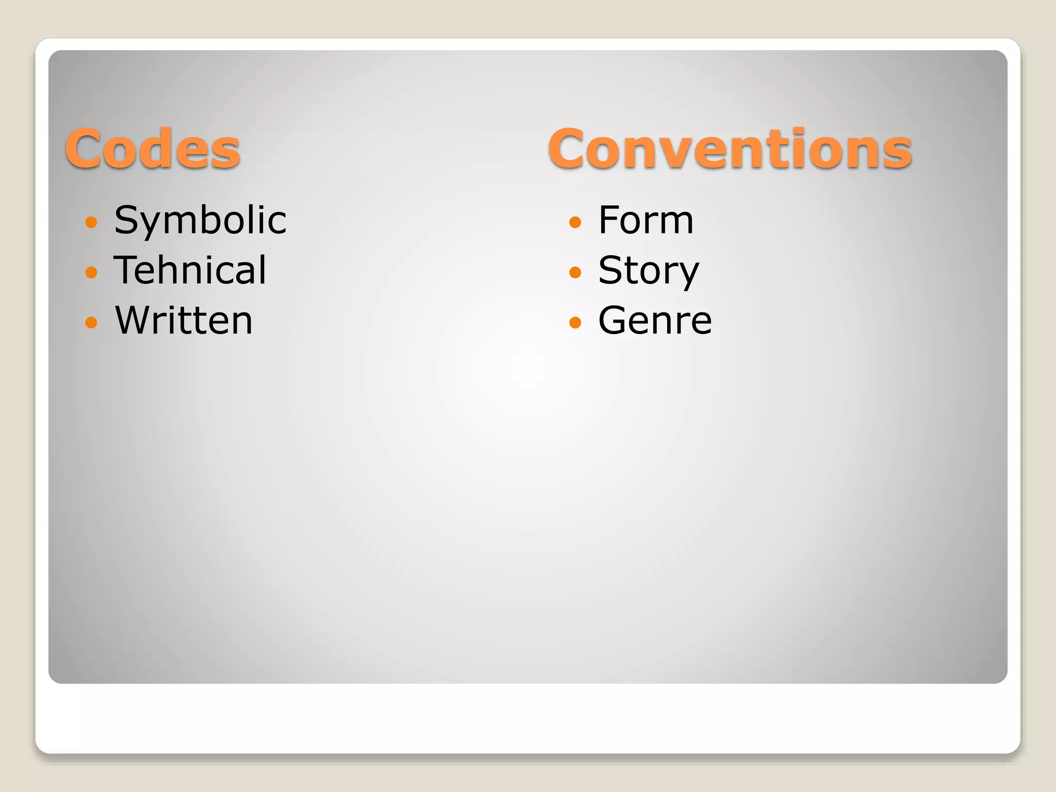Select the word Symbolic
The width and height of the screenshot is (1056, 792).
coord(200,220)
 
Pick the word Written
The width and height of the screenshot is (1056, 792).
coord(184,320)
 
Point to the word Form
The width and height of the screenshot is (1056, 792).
coord(646,220)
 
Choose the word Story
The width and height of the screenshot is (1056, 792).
coord(649,270)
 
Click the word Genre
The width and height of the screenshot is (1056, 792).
coord(655,320)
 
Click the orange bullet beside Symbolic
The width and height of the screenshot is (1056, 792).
coord(91,222)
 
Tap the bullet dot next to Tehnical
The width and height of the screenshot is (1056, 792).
coord(91,272)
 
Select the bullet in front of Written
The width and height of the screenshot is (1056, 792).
coord(91,322)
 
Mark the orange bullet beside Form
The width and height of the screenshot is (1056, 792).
coord(575,222)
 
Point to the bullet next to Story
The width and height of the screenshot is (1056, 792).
coord(575,272)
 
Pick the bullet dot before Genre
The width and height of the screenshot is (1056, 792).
coord(575,322)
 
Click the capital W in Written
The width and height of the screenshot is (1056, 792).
coord(134,320)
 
